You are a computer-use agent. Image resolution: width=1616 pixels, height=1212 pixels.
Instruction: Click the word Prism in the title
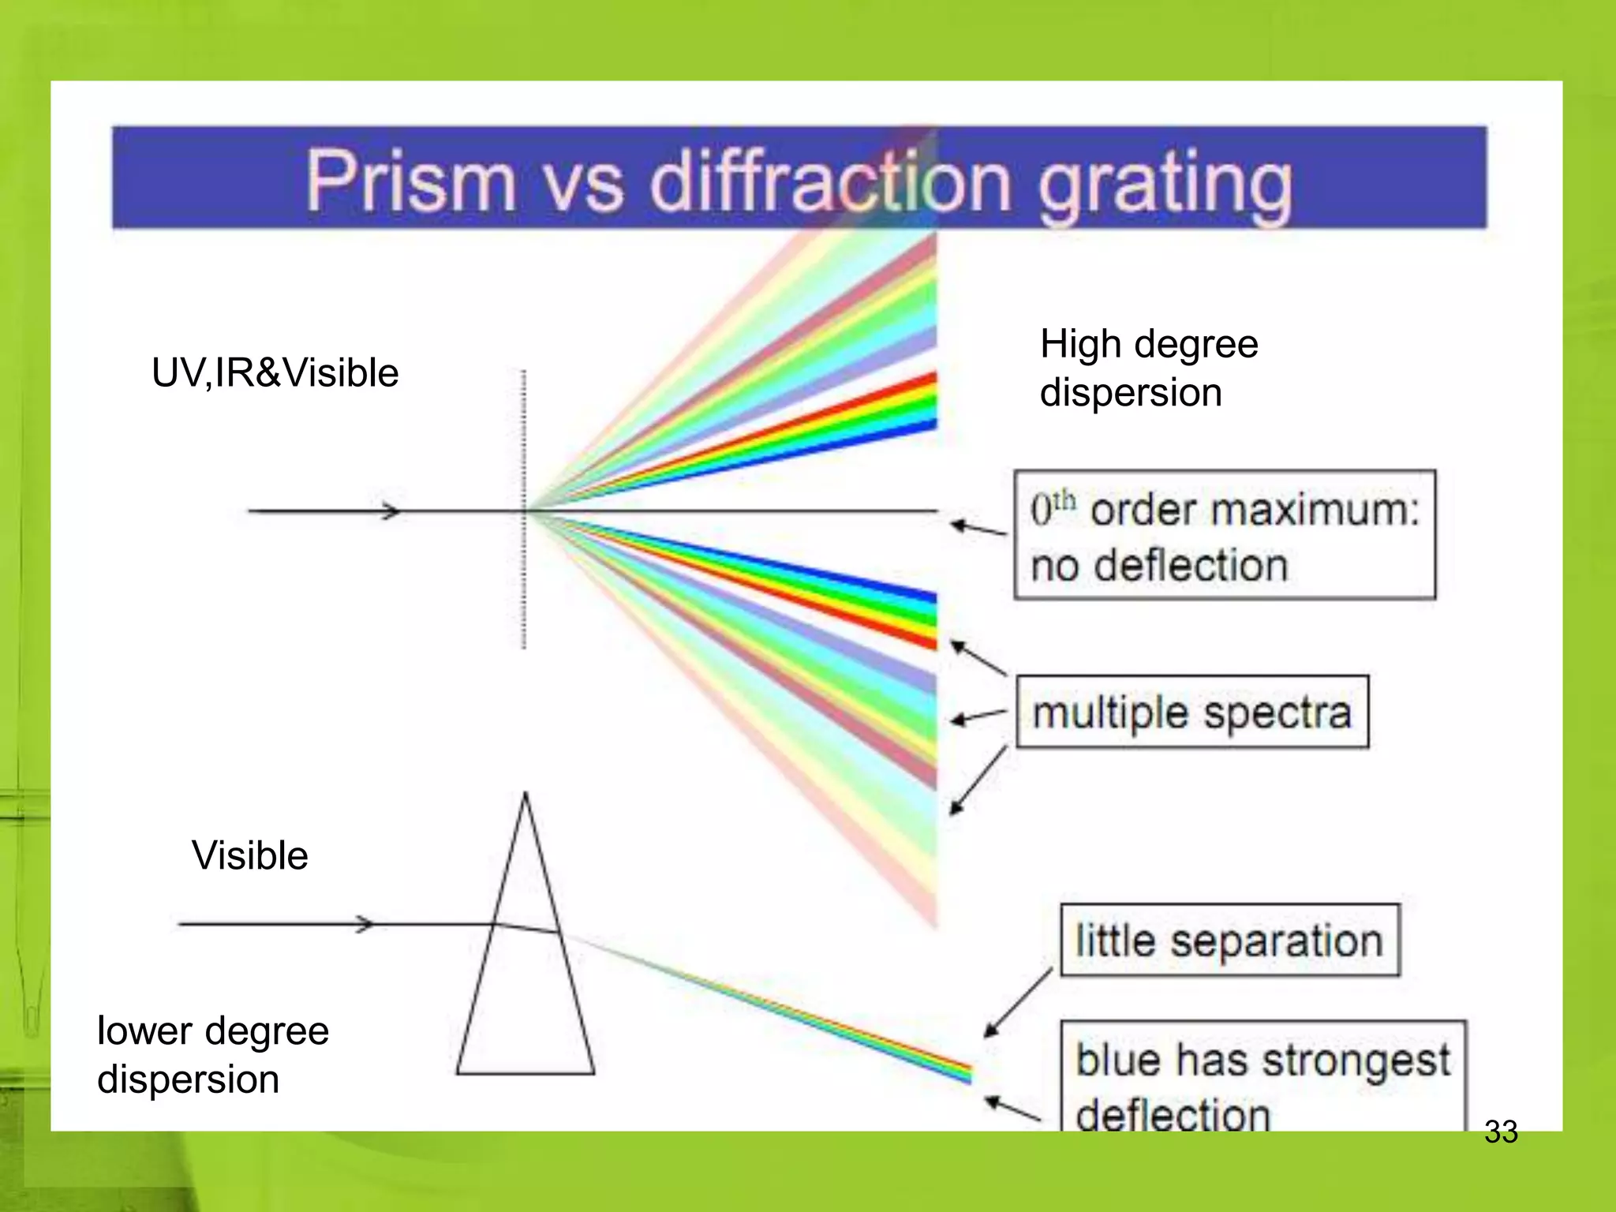[x=410, y=181]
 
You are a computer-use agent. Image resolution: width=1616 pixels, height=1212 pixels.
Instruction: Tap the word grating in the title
[x=1165, y=185]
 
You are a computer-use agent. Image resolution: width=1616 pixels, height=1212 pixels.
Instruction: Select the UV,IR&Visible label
[x=275, y=372]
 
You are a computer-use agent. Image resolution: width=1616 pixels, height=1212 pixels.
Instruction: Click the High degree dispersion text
[x=1148, y=368]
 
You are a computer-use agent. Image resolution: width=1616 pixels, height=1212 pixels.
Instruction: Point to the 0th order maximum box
[x=1224, y=535]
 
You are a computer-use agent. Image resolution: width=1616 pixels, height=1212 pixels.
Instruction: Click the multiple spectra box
[x=1191, y=712]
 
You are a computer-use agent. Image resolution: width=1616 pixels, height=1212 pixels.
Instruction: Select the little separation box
[x=1229, y=941]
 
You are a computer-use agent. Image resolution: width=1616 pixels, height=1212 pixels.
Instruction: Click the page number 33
[x=1500, y=1132]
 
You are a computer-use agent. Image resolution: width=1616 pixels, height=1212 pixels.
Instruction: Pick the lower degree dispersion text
[x=212, y=1054]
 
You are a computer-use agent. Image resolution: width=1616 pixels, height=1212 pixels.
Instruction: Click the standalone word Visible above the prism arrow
[x=249, y=855]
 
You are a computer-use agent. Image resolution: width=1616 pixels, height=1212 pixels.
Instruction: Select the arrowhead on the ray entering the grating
[x=391, y=511]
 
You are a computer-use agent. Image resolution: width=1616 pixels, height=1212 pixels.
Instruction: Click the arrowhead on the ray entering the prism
[x=365, y=924]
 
